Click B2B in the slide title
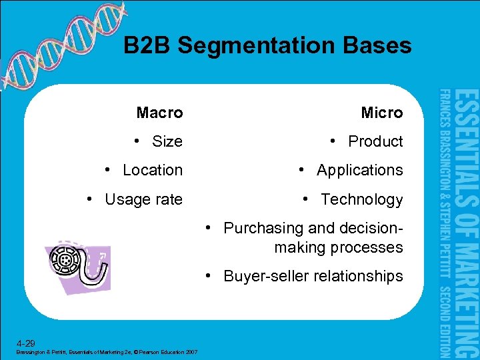point(147,45)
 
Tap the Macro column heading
point(159,113)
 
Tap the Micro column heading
point(382,113)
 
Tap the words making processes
point(338,247)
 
